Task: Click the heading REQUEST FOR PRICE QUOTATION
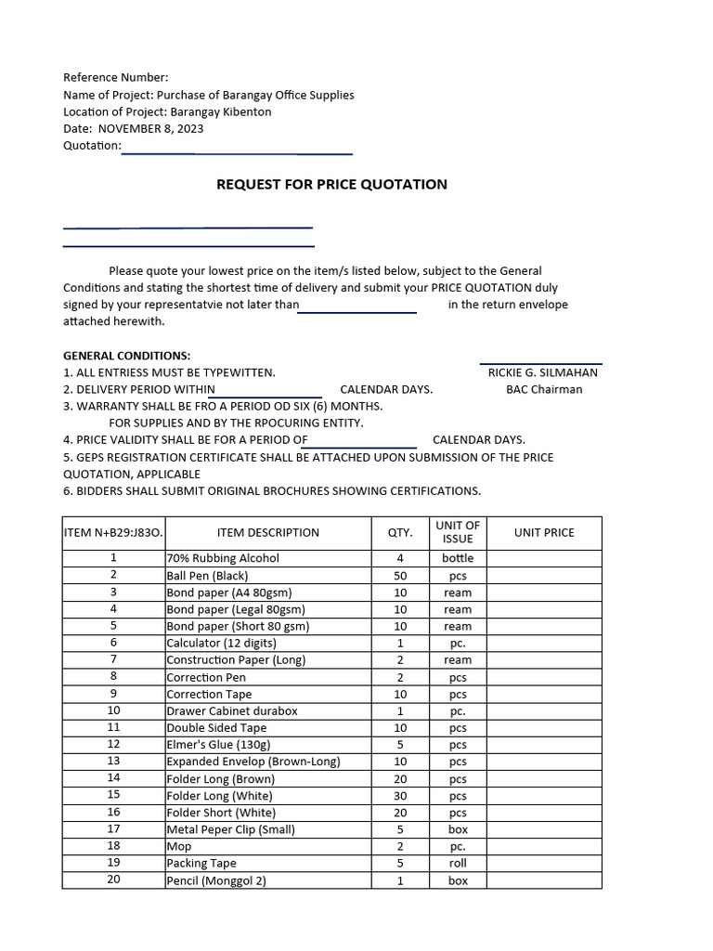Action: [331, 184]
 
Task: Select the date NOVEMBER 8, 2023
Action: [150, 129]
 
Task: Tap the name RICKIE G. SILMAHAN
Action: [543, 372]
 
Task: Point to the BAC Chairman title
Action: [544, 389]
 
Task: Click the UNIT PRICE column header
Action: [544, 532]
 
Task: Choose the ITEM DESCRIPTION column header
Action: [267, 532]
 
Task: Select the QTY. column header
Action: [400, 532]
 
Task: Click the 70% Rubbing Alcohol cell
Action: [223, 558]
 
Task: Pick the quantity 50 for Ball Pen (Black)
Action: [400, 576]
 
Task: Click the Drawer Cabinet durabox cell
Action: [232, 710]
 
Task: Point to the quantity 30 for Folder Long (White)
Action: [400, 796]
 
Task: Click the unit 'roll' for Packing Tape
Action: [458, 863]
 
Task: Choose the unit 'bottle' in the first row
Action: [458, 558]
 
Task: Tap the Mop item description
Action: [179, 846]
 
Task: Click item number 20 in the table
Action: [113, 879]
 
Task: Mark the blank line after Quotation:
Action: [237, 151]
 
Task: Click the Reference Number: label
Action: [116, 78]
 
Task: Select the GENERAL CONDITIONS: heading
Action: [126, 356]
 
